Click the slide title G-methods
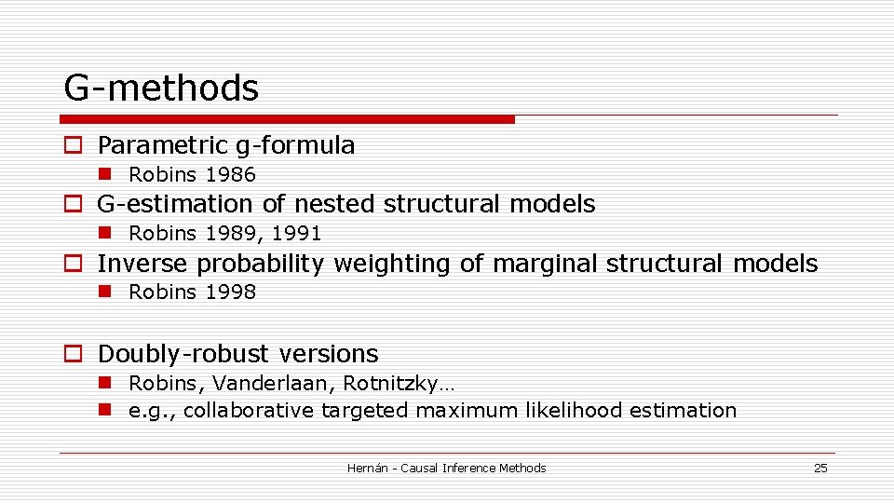point(161,88)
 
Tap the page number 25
point(820,469)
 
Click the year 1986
point(230,175)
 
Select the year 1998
point(230,292)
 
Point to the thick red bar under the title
point(287,119)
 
